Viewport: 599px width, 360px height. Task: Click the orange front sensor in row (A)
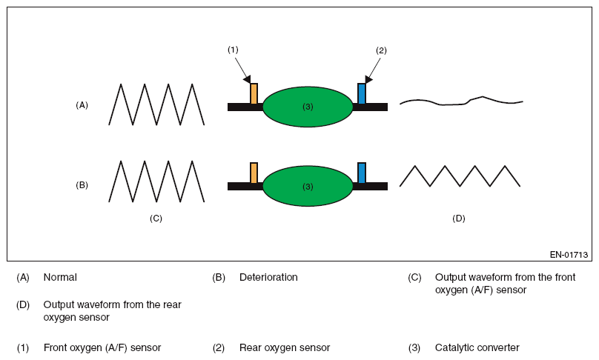coord(254,93)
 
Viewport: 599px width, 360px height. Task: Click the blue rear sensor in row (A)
coord(362,93)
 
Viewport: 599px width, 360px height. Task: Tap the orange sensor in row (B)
coord(254,172)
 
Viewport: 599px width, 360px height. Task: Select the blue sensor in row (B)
coord(362,172)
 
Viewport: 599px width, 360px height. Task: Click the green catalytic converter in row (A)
coord(308,107)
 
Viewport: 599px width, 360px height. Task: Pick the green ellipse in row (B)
coord(308,186)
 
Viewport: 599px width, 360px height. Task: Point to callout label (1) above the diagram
coord(233,50)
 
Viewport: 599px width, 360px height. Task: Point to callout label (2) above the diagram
coord(381,50)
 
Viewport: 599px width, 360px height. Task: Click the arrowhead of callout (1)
coord(248,79)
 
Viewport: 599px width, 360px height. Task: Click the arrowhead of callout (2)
coord(368,79)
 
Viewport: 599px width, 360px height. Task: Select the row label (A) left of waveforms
coord(82,105)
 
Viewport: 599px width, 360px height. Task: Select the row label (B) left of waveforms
coord(82,184)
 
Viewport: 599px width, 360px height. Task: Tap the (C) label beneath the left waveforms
coord(156,218)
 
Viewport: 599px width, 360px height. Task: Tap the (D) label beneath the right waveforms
coord(459,218)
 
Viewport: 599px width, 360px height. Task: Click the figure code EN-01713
coord(569,255)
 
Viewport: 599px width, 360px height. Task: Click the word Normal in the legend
coord(60,277)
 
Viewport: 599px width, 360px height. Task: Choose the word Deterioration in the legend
coord(268,277)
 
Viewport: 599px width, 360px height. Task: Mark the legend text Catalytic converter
coord(477,347)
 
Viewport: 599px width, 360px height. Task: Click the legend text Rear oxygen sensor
coord(284,347)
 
